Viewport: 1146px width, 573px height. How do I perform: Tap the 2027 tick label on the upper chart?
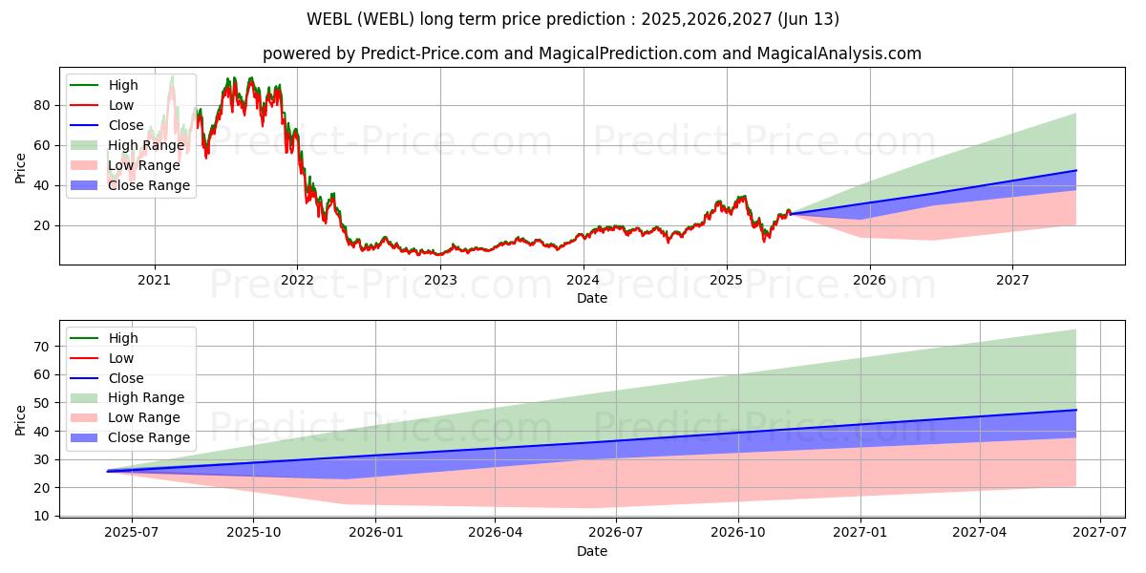[x=1012, y=280]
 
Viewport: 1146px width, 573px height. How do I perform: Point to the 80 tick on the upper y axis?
[x=40, y=105]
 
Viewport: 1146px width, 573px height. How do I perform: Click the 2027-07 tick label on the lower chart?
[x=1100, y=532]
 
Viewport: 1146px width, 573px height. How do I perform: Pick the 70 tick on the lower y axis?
[x=40, y=347]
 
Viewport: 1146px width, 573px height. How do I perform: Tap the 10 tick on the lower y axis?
[x=40, y=516]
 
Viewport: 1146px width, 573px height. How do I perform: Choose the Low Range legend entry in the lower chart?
[x=132, y=417]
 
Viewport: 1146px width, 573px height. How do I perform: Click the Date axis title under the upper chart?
[x=592, y=298]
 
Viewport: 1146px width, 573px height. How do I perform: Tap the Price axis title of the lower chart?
[x=21, y=419]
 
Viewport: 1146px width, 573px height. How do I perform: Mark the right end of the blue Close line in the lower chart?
[x=1076, y=410]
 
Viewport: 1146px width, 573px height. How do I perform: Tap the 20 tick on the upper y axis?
[x=40, y=225]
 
